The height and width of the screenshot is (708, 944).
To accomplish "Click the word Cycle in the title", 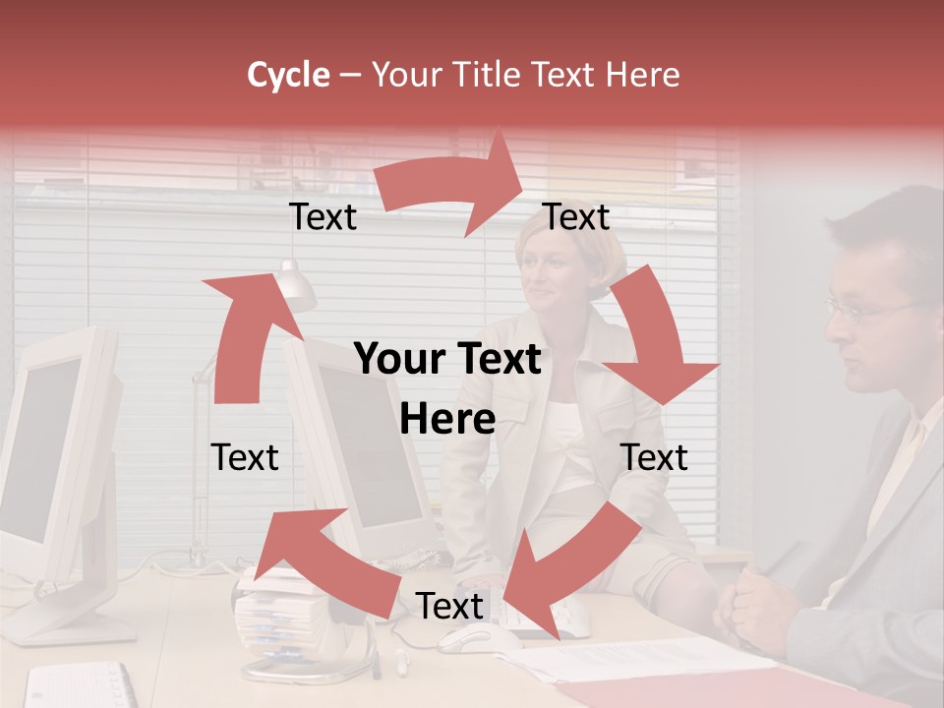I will (288, 75).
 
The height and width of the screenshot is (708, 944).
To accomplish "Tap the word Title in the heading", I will (485, 75).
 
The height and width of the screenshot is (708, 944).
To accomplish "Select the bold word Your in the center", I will (398, 360).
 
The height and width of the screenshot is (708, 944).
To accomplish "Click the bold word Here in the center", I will (446, 420).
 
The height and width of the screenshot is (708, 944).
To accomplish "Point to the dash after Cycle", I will (350, 75).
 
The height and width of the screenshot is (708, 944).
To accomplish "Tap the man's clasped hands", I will (761, 606).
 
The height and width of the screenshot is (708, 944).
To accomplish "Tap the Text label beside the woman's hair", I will (576, 217).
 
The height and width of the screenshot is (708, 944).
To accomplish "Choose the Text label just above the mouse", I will (449, 606).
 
